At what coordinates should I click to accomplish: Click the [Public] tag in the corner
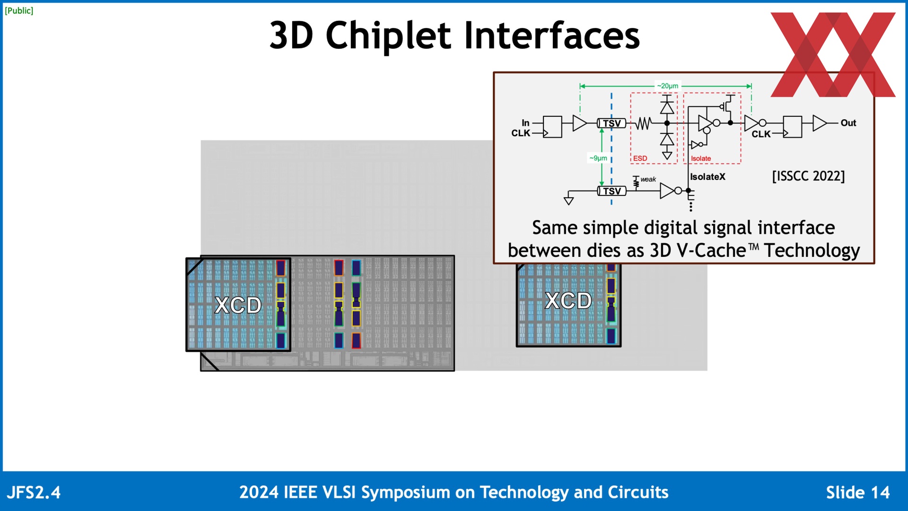[x=19, y=10]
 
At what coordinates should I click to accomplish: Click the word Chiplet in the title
[x=388, y=36]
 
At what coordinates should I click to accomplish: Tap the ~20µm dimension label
[x=667, y=86]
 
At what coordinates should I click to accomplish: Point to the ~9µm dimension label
[x=598, y=158]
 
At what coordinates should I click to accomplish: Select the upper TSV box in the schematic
[x=611, y=123]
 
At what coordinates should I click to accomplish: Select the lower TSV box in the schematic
[x=611, y=191]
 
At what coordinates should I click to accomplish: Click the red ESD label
[x=640, y=159]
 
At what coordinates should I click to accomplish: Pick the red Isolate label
[x=700, y=159]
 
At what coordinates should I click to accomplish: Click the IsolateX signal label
[x=707, y=177]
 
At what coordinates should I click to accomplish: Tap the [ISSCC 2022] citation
[x=808, y=176]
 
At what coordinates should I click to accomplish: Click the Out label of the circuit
[x=848, y=123]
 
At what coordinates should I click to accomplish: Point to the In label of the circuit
[x=525, y=123]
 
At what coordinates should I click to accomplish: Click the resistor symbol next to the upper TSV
[x=643, y=123]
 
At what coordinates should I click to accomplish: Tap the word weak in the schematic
[x=648, y=179]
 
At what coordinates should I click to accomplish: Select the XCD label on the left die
[x=238, y=305]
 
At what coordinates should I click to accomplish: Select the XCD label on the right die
[x=568, y=301]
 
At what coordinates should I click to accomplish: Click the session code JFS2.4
[x=34, y=493]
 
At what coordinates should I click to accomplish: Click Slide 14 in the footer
[x=857, y=493]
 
